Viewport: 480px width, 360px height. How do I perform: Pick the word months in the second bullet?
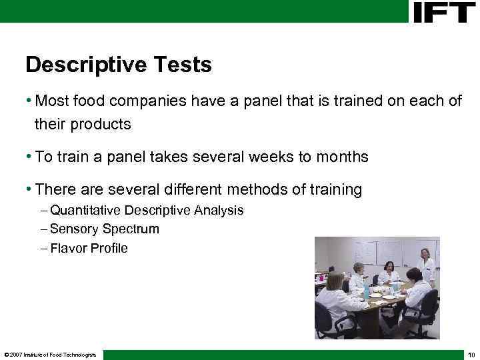pos(341,157)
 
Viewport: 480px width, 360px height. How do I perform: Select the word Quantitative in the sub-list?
pos(86,211)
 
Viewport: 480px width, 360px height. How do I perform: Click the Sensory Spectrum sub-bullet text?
pos(105,229)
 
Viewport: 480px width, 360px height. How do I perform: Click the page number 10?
pos(471,354)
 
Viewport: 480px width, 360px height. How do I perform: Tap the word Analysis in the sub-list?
pos(219,211)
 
